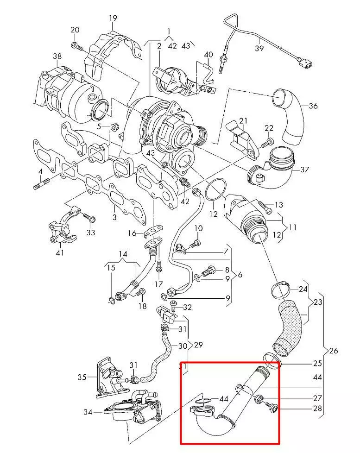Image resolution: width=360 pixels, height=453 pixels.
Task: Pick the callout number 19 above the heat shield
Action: click(113, 18)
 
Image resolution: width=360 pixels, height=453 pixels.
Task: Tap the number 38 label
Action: click(57, 56)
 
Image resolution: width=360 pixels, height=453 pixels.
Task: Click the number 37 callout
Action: click(304, 170)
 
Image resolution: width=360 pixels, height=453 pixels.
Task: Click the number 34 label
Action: click(88, 412)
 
